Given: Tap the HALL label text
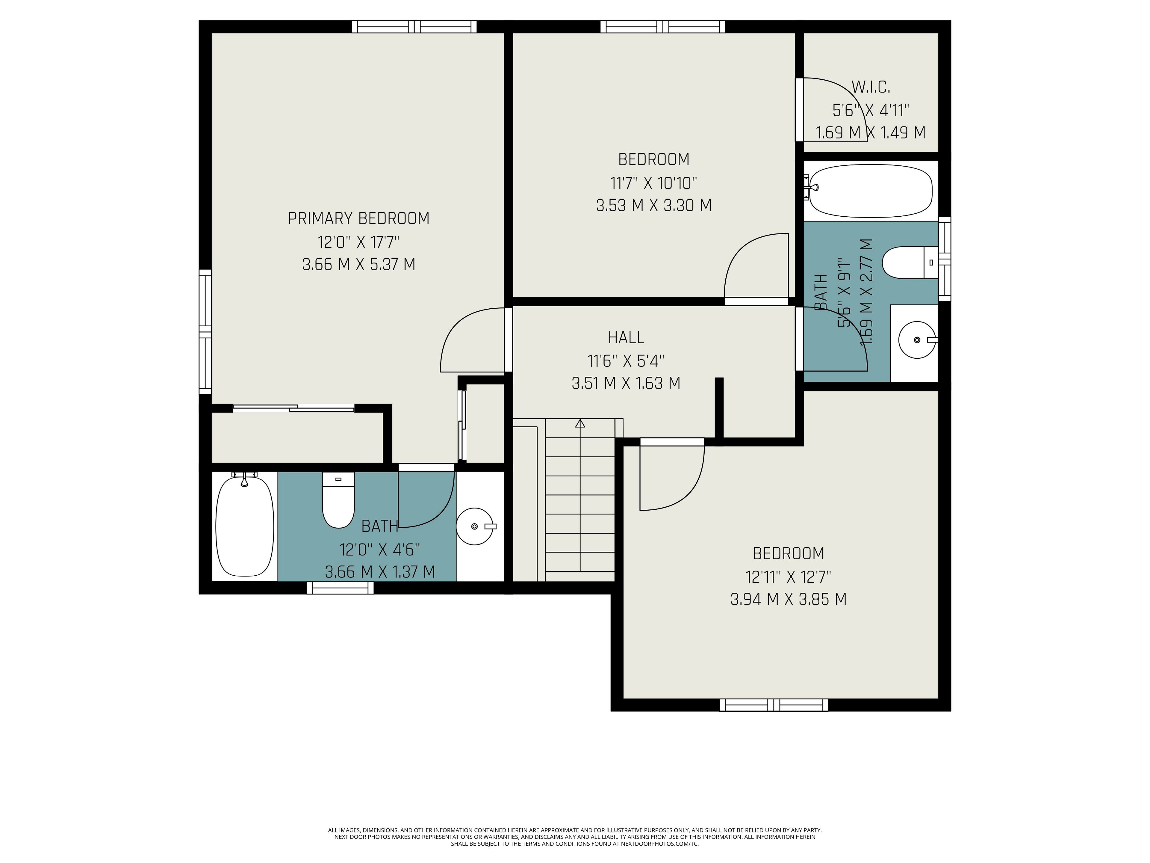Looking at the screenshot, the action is click(x=626, y=338).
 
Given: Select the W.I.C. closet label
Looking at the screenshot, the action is click(x=871, y=87).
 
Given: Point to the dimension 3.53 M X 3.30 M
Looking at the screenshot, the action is click(x=653, y=206).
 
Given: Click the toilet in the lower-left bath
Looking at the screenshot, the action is click(x=338, y=500).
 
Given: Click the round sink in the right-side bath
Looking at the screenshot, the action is click(x=918, y=340).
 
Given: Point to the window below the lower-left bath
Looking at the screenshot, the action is click(x=340, y=588).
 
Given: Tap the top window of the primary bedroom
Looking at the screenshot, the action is click(x=414, y=27).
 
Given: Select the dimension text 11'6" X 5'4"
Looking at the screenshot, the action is click(x=626, y=360).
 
